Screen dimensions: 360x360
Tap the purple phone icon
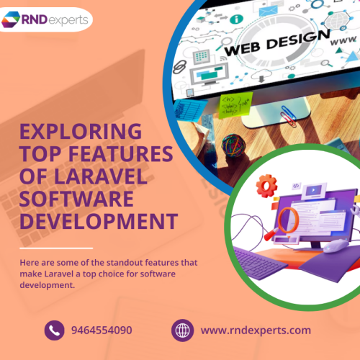[x=54, y=330]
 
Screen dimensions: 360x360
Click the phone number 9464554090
[x=102, y=330]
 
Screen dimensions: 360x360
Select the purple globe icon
[x=183, y=330]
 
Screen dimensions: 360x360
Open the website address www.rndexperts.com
[x=256, y=330]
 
